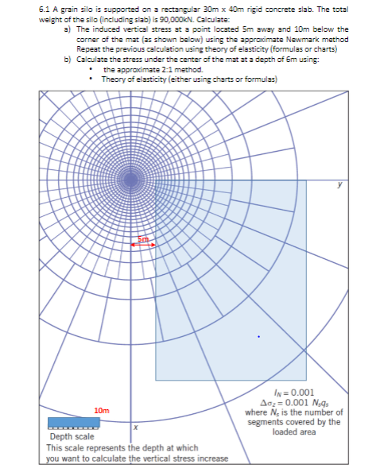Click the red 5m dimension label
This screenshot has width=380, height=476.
(x=144, y=238)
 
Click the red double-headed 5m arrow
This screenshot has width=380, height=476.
(x=143, y=245)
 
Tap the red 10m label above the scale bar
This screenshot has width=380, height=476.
(x=101, y=410)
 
